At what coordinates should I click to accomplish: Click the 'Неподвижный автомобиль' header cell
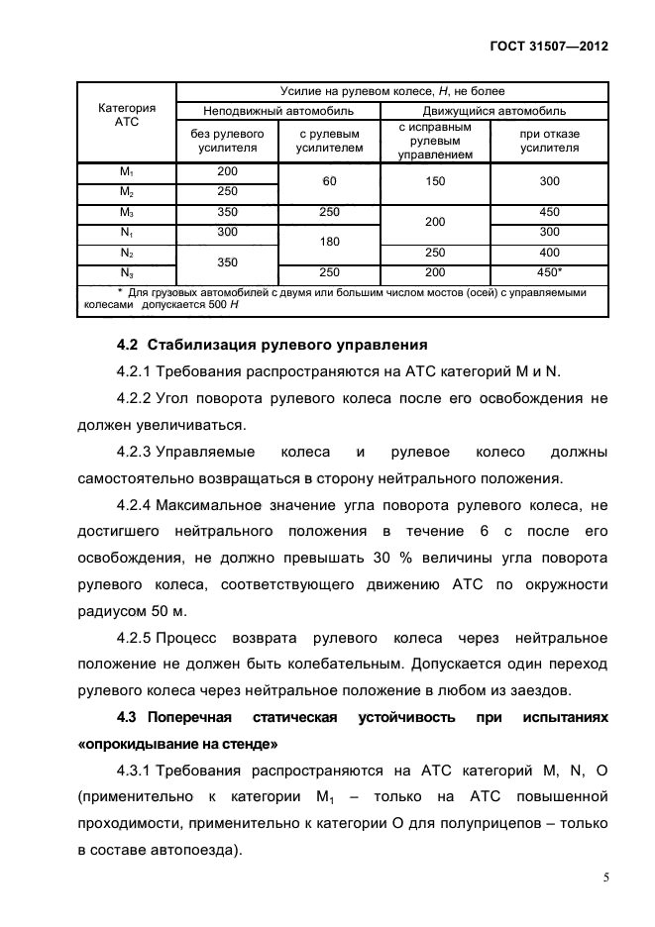point(278,110)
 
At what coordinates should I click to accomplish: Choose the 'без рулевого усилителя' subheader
point(227,141)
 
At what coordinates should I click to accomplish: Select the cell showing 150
point(435,181)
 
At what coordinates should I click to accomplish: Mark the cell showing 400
point(550,253)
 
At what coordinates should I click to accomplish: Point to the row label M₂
point(127,191)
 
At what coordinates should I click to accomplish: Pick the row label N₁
point(127,232)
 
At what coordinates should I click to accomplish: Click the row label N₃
point(127,272)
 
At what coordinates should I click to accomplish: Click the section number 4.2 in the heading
point(128,346)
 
